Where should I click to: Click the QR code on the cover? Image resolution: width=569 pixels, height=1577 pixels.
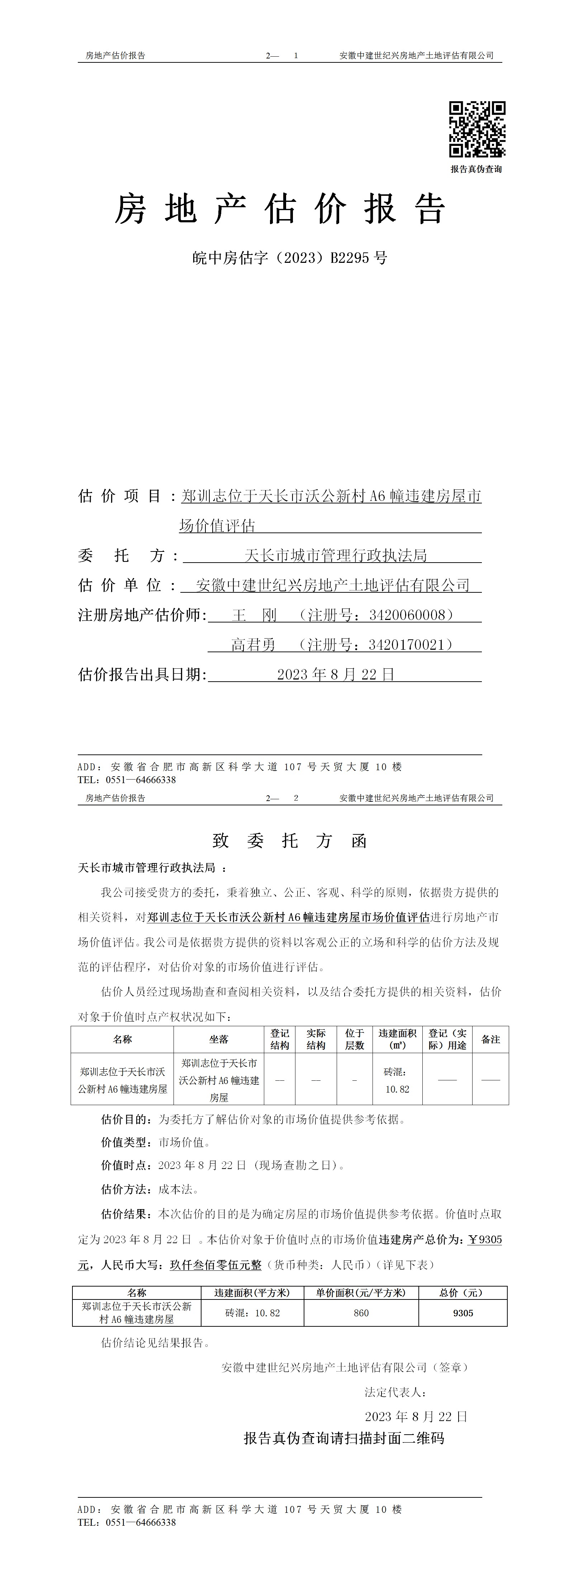pyautogui.click(x=477, y=129)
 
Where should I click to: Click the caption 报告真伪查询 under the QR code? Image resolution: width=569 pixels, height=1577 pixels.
pyautogui.click(x=476, y=169)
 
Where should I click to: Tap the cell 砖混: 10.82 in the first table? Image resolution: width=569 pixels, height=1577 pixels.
pyautogui.click(x=397, y=1080)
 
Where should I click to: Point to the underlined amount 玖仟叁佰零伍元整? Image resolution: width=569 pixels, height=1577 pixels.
pyautogui.click(x=215, y=1264)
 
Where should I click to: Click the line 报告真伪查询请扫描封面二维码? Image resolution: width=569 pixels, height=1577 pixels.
pyautogui.click(x=344, y=1438)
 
